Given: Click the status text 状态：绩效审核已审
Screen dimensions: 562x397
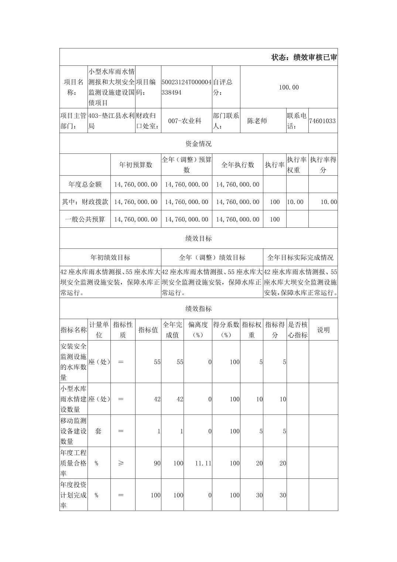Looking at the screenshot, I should (x=304, y=57).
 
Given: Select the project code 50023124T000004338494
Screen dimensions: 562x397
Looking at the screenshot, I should (x=186, y=87).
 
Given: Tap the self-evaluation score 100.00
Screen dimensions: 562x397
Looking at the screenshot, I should (x=289, y=87).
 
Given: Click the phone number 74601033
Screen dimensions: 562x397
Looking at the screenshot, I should (x=322, y=121).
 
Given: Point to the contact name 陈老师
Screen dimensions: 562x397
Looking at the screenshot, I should (x=257, y=121).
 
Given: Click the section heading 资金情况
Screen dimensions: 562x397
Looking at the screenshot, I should (x=198, y=143).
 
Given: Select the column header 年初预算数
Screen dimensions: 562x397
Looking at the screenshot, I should (x=136, y=165).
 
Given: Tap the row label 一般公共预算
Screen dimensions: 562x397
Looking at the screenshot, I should (x=85, y=219).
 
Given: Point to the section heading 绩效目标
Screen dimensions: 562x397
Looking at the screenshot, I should (x=198, y=238).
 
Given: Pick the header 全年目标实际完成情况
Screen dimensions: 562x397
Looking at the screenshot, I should (x=300, y=257).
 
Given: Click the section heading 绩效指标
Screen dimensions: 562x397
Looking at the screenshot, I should (x=198, y=309).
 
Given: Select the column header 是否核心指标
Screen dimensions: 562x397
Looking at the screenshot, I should (x=298, y=330).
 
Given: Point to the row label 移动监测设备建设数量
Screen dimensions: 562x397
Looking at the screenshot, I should (x=73, y=431).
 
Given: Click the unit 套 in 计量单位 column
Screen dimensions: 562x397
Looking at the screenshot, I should (x=98, y=431).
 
